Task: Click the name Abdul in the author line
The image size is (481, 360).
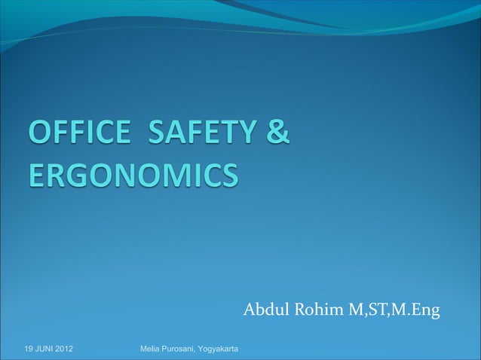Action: [x=264, y=310]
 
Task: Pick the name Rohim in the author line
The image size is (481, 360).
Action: [x=315, y=310]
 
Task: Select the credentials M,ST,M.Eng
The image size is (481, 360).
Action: [x=393, y=310]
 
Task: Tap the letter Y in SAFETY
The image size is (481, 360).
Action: [x=244, y=138]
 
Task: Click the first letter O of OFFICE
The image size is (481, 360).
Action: [x=40, y=138]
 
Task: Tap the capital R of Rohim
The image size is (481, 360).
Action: [x=299, y=310]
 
